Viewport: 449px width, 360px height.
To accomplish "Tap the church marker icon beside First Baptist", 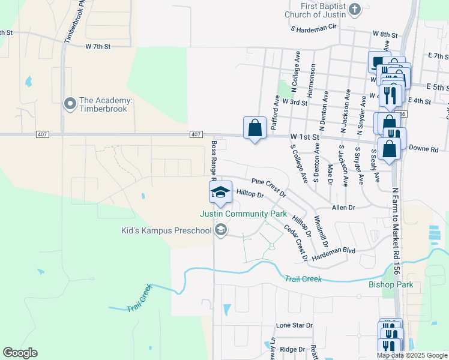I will (x=355, y=10).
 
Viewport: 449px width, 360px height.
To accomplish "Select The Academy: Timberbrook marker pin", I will (x=70, y=104).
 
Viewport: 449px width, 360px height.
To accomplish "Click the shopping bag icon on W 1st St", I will (x=255, y=128).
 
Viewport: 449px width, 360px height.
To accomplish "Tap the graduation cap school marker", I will (x=220, y=192).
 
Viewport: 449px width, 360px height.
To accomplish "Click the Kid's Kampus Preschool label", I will (x=166, y=231).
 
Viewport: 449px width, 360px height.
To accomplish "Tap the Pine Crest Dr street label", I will (x=269, y=188).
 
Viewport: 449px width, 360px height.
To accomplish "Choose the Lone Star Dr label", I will (x=294, y=325).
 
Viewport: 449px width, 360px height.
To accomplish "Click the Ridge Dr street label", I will (x=293, y=349).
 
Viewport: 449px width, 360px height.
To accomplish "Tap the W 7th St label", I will (x=98, y=46).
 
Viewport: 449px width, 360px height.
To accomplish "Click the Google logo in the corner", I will (x=20, y=353).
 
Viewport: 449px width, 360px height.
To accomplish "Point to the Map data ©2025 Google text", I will (x=411, y=355).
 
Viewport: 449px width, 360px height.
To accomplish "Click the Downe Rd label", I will (x=426, y=148).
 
